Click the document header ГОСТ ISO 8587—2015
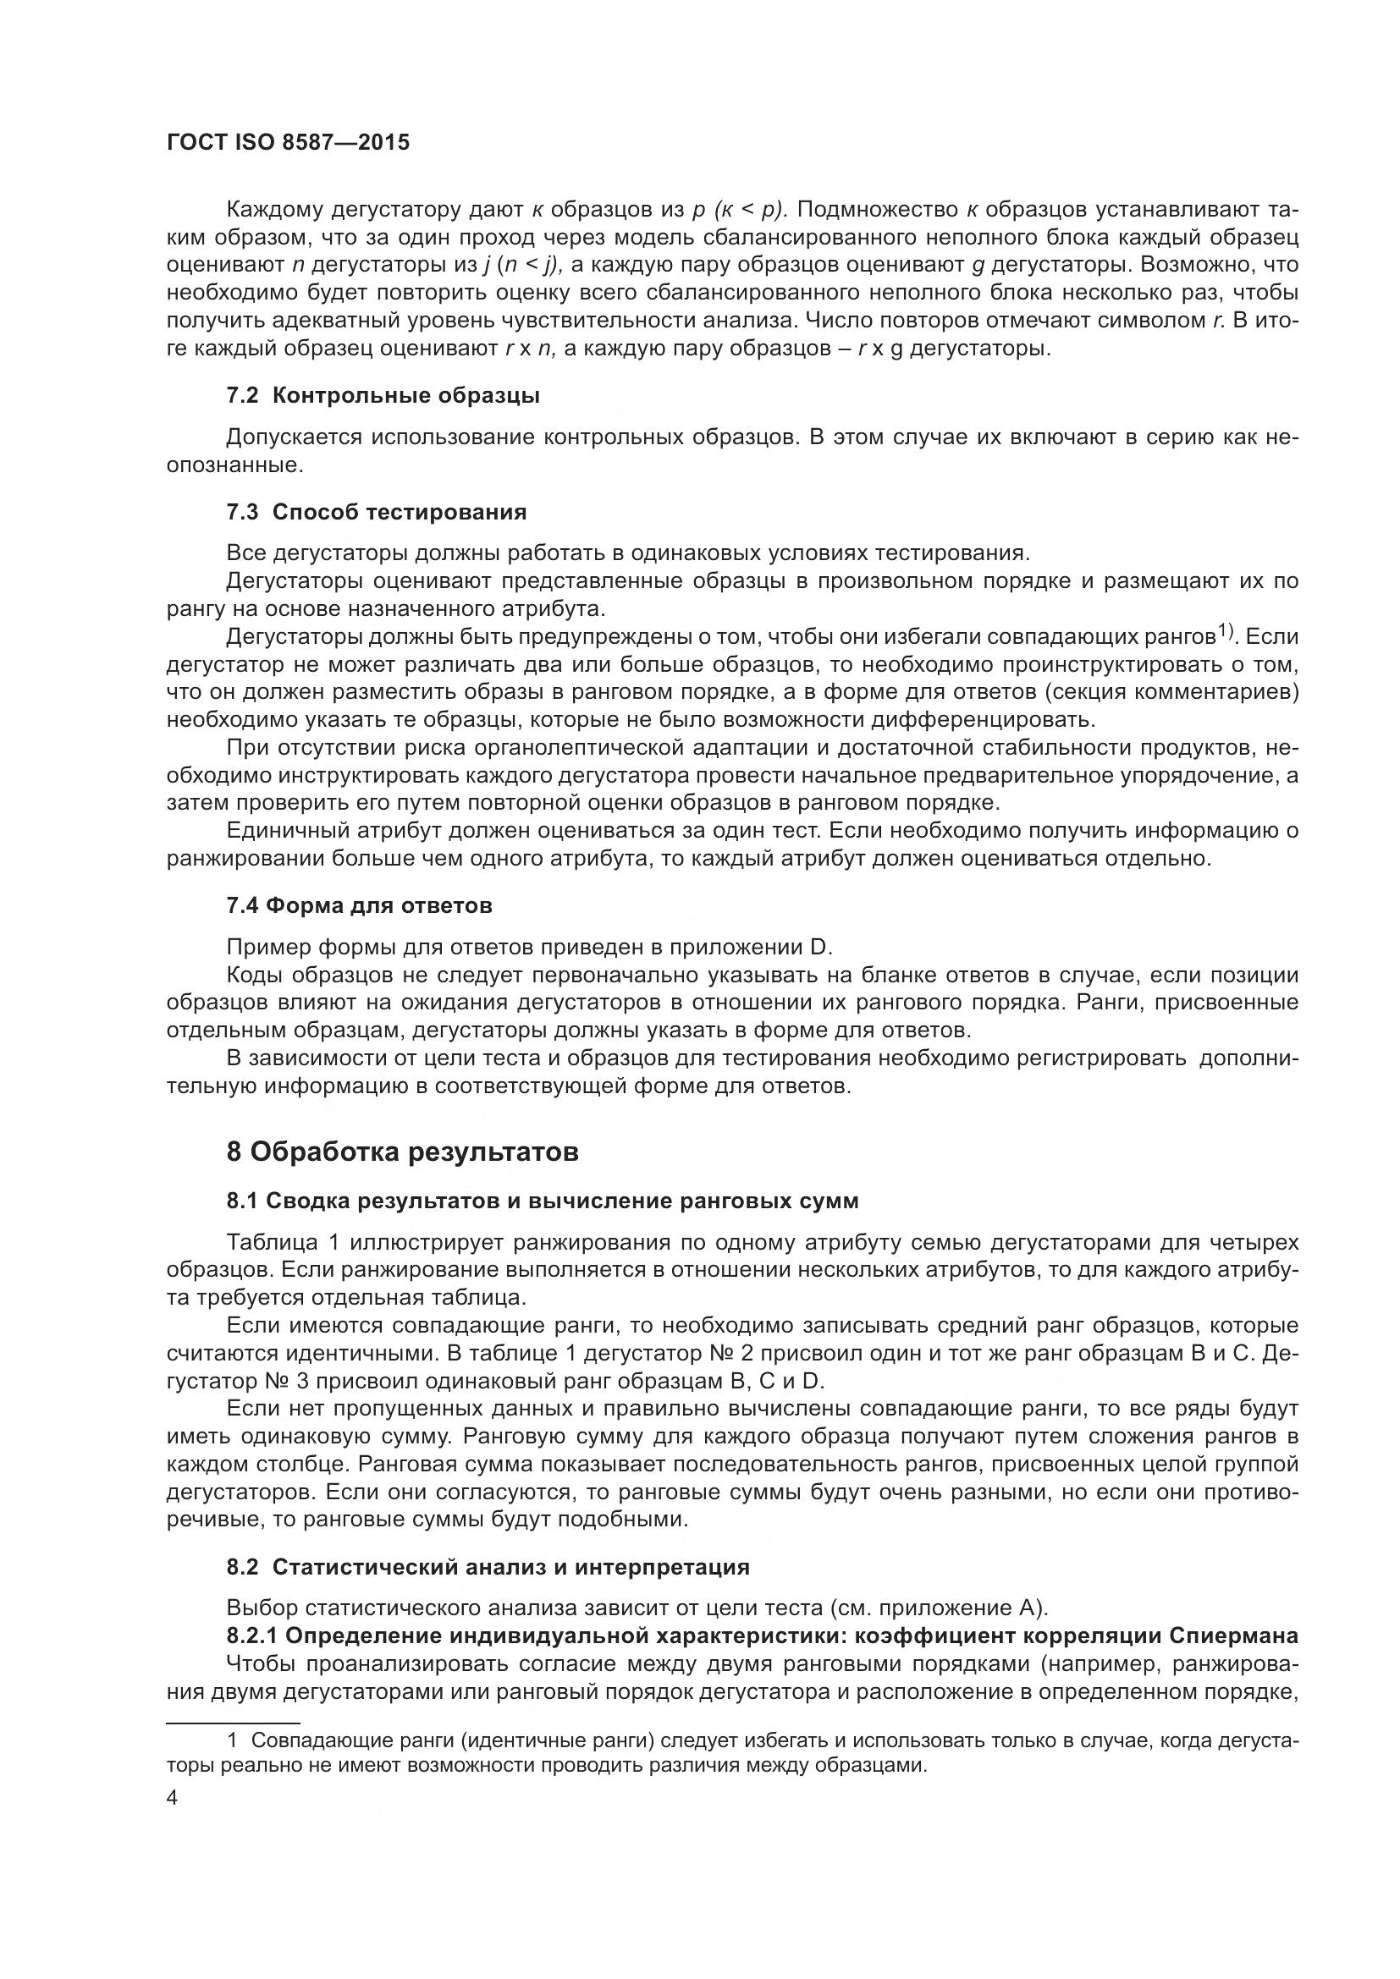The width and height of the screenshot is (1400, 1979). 288,143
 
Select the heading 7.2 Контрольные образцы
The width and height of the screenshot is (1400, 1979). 383,396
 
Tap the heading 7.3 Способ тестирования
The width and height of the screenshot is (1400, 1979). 376,512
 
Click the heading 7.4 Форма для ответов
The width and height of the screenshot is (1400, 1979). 359,906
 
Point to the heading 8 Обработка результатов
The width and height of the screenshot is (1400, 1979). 402,1152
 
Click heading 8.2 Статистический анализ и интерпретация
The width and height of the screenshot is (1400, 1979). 487,1567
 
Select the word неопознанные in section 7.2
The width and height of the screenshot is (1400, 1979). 234,466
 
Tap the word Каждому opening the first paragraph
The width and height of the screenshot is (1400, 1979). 274,210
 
